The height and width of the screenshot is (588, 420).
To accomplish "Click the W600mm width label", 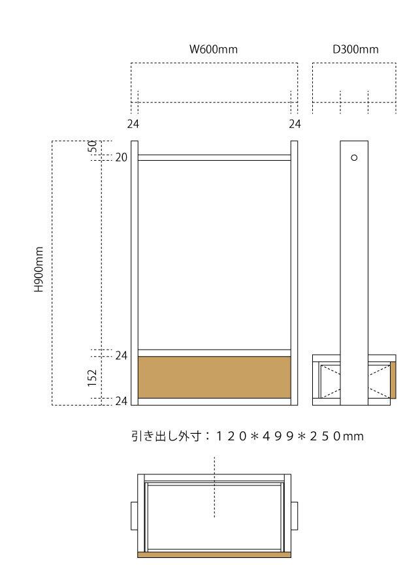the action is coord(213,50).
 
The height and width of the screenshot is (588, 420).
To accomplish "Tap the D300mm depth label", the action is coord(355,50).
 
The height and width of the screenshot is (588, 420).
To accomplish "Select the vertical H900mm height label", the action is coord(39,269).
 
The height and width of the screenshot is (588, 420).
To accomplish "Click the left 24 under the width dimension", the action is coord(133,123).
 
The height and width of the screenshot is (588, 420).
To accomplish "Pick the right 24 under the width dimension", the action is coord(295,123).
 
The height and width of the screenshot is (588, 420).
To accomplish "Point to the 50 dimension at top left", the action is coord(93,146).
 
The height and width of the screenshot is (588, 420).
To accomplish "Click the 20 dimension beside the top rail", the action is coord(121,157).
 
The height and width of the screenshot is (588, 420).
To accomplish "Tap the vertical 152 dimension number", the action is coord(92,378).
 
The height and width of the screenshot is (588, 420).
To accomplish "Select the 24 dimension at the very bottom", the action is coord(121,401).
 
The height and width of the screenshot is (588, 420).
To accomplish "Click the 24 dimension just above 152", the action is coord(121,355).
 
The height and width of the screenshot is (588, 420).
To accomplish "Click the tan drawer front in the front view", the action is coord(214,377).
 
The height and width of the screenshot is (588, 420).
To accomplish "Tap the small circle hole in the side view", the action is coord(355,157).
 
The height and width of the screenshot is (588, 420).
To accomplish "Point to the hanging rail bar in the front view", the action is coord(214,157).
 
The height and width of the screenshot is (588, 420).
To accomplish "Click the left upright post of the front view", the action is coord(135,273).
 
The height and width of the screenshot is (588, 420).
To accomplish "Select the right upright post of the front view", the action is coord(295,273).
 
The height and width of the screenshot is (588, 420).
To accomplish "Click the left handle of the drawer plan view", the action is coord(135,515).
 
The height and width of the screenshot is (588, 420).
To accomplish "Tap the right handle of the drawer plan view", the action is coord(295,515).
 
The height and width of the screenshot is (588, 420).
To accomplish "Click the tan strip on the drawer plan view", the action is coord(214,555).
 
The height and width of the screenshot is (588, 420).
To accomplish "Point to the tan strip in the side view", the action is coord(393,380).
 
